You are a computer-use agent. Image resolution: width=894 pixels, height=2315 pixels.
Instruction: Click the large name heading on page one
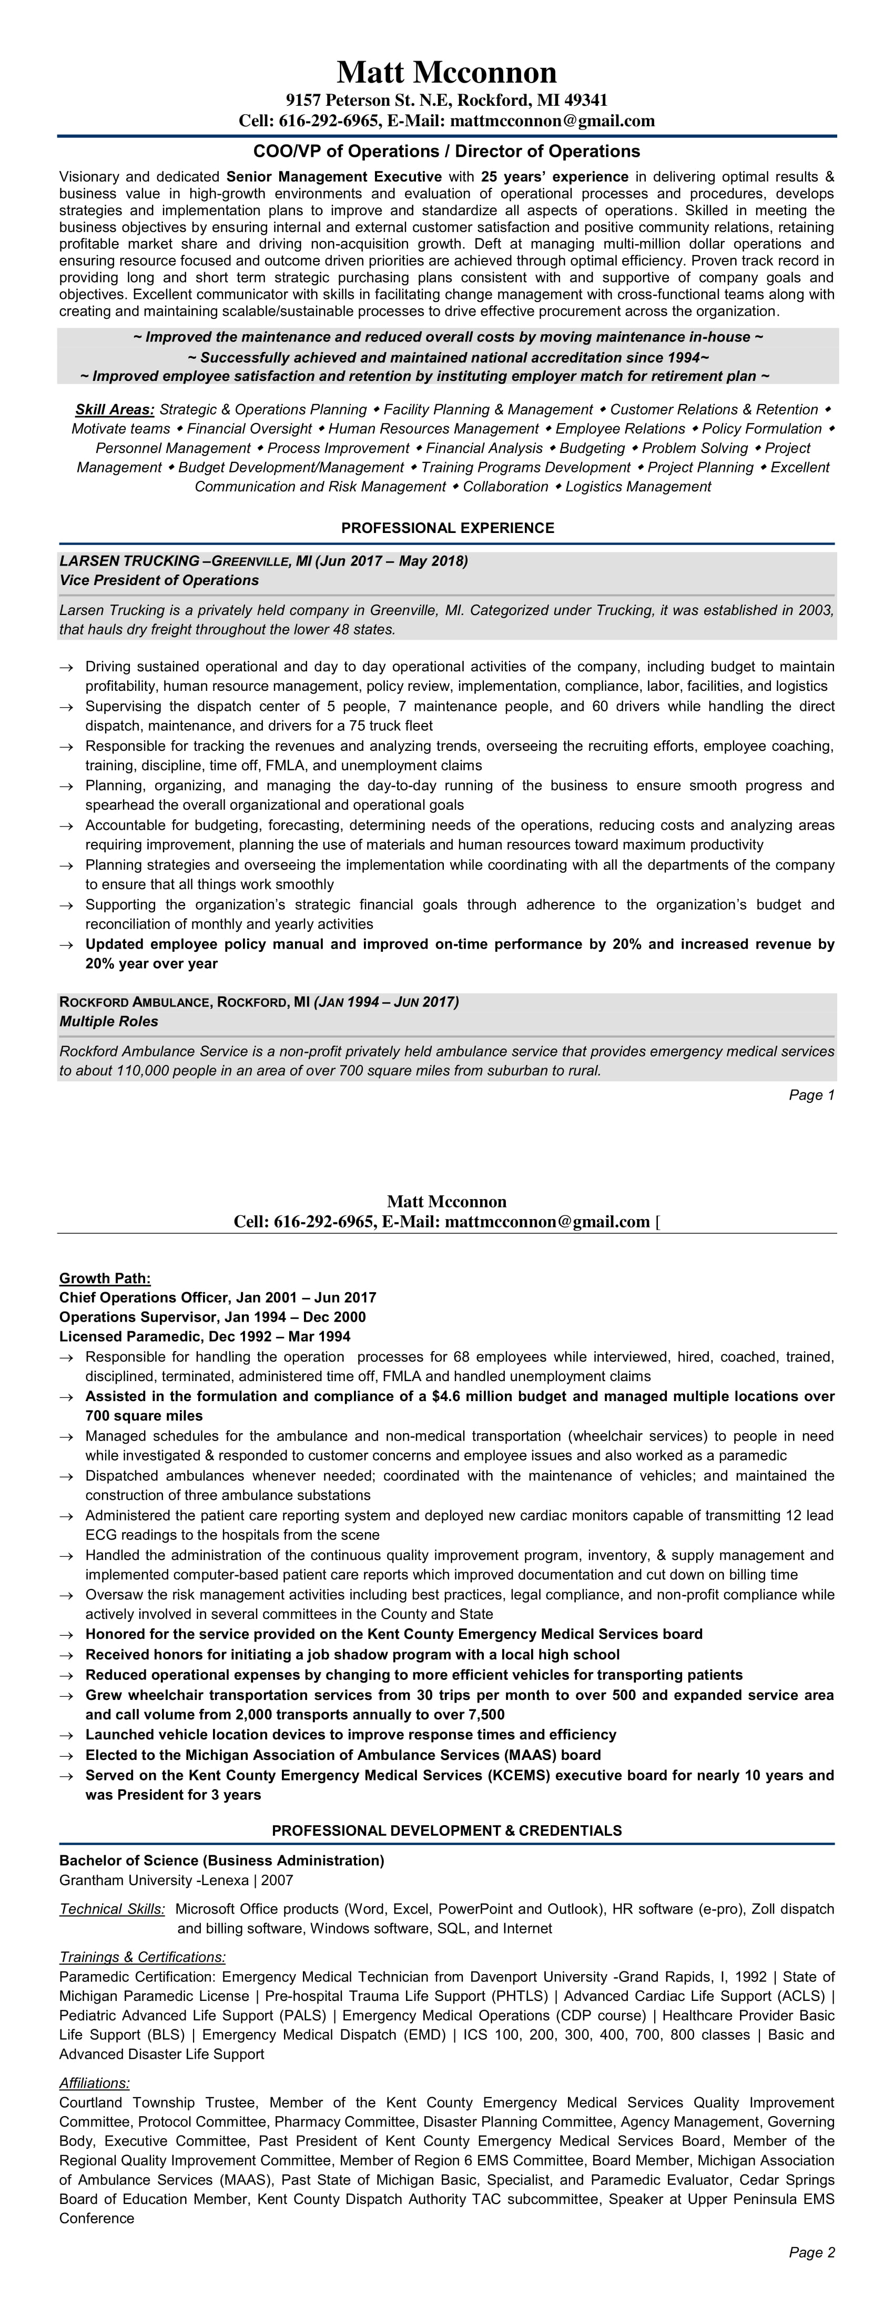(446, 72)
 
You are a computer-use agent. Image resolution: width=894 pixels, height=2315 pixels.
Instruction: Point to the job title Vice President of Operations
(159, 580)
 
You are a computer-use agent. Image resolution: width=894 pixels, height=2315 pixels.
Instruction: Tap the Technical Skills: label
(113, 1909)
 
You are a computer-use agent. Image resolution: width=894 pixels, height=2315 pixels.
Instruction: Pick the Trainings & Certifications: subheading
(142, 1956)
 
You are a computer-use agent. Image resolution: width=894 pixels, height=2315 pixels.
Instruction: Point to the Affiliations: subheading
(94, 2082)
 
